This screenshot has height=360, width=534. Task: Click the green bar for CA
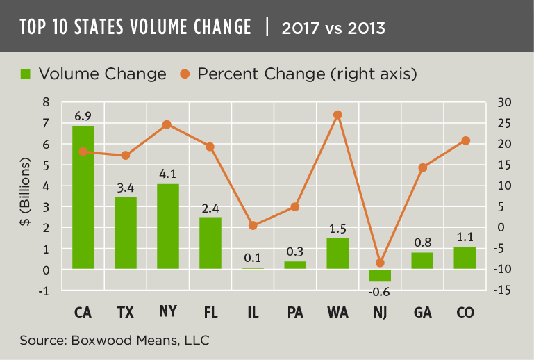[83, 197]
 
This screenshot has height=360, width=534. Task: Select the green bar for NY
[168, 227]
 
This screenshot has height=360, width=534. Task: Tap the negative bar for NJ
[381, 275]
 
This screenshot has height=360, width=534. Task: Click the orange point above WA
[337, 115]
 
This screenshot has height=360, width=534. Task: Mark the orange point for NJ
[380, 263]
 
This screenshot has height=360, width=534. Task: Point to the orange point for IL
[253, 225]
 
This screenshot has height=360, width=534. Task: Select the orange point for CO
[465, 140]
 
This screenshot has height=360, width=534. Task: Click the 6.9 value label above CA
[83, 113]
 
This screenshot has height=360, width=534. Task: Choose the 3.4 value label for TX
[126, 186]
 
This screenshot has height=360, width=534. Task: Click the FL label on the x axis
[210, 313]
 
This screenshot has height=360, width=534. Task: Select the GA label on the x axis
[423, 313]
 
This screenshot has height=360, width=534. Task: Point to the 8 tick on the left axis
[46, 102]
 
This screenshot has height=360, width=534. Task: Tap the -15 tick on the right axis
[501, 290]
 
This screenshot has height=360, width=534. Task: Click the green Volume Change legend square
[26, 73]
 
